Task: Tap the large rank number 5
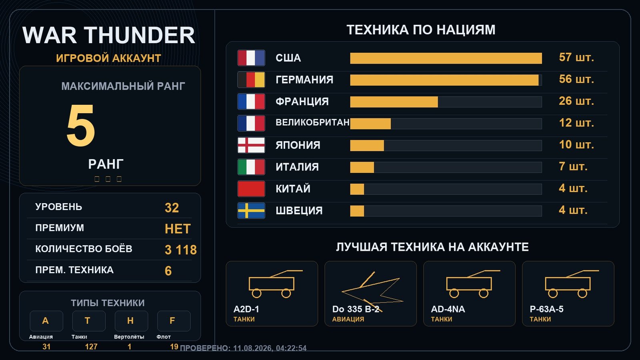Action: pyautogui.click(x=80, y=125)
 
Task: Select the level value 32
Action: pyautogui.click(x=172, y=208)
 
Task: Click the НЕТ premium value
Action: pyautogui.click(x=178, y=229)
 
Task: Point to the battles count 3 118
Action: pyautogui.click(x=180, y=250)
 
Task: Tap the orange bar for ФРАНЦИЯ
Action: pyautogui.click(x=394, y=102)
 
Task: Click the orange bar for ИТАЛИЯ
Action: pyautogui.click(x=362, y=168)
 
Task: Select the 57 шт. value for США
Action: pyautogui.click(x=576, y=58)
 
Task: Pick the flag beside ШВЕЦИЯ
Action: pyautogui.click(x=251, y=210)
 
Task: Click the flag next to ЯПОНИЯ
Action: pyautogui.click(x=251, y=145)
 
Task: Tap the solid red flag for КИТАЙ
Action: pyautogui.click(x=251, y=189)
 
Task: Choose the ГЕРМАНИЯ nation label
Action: pyautogui.click(x=304, y=80)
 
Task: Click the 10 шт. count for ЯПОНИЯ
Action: pyautogui.click(x=576, y=144)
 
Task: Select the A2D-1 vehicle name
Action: pyautogui.click(x=246, y=309)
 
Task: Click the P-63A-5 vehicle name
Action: pyautogui.click(x=546, y=309)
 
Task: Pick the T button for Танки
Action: pyautogui.click(x=89, y=321)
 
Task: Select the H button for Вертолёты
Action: pyautogui.click(x=132, y=321)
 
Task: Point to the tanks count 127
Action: pyautogui.click(x=91, y=347)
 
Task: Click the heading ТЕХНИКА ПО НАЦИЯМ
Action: pyautogui.click(x=421, y=30)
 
